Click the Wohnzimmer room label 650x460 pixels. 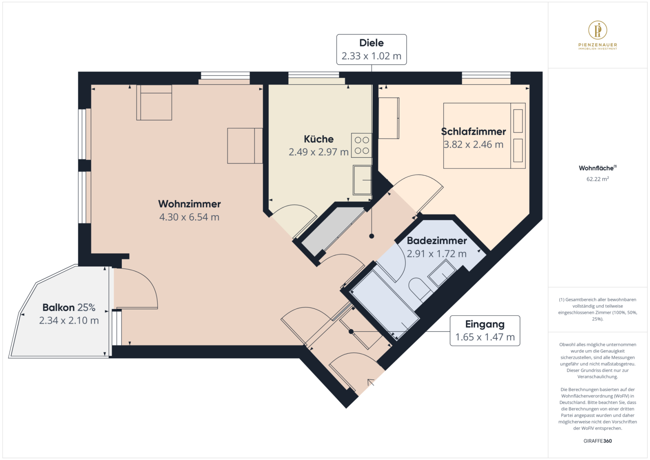tap(189, 204)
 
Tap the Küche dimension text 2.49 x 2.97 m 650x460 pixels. tap(318, 152)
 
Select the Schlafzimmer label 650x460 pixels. tap(473, 132)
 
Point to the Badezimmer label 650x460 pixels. tap(437, 241)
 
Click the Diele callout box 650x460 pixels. tap(371, 49)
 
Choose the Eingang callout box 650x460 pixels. tap(485, 331)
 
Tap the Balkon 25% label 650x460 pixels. tap(69, 308)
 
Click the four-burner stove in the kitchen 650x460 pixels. tap(361, 145)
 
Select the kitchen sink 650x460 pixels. tap(362, 180)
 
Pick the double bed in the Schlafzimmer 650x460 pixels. tap(484, 136)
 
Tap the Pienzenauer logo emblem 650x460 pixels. tap(598, 30)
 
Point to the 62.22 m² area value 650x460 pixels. tap(598, 179)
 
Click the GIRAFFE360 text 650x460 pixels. tap(598, 441)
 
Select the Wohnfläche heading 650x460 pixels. tap(597, 168)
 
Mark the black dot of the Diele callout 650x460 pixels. tap(371, 236)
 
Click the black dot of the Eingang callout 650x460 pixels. tap(351, 332)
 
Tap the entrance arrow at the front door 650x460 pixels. tap(371, 382)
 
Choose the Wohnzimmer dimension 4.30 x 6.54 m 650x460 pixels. tap(189, 217)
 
